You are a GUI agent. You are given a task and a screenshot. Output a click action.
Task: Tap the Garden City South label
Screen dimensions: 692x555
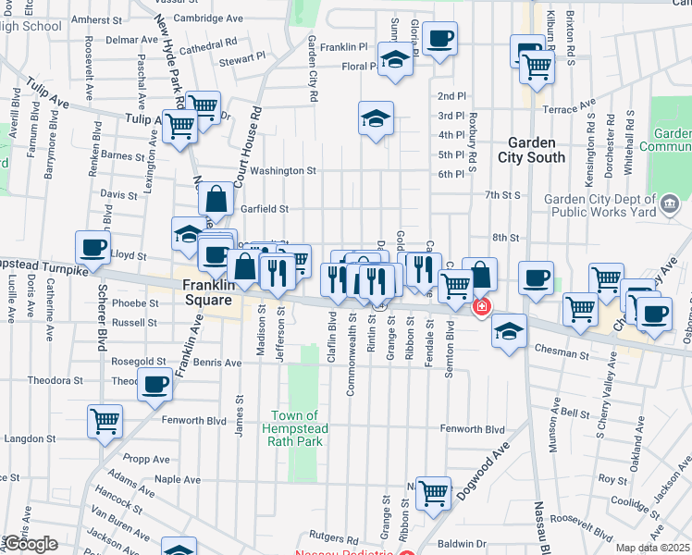pyautogui.click(x=531, y=150)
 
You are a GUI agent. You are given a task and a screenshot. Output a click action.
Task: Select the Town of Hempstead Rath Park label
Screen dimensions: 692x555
pyautogui.click(x=295, y=428)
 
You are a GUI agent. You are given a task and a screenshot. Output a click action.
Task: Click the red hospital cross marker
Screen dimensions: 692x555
pyautogui.click(x=481, y=307)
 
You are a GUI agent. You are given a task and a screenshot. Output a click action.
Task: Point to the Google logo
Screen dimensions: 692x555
pyautogui.click(x=31, y=544)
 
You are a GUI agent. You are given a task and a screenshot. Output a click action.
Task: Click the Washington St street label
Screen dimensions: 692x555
pyautogui.click(x=283, y=170)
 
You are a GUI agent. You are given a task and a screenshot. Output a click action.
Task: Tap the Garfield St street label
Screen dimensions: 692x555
pyautogui.click(x=266, y=209)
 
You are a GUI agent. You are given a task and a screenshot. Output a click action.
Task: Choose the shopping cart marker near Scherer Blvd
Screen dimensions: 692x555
pyautogui.click(x=105, y=420)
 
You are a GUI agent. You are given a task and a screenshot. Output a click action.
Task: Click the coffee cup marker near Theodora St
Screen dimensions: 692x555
pyautogui.click(x=155, y=382)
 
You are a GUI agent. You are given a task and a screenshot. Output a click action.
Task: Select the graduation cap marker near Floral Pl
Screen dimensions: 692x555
pyautogui.click(x=395, y=60)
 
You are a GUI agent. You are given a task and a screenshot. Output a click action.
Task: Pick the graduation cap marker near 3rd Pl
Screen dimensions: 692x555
pyautogui.click(x=376, y=117)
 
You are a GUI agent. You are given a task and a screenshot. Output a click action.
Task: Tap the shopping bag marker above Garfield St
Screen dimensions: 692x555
pyautogui.click(x=216, y=197)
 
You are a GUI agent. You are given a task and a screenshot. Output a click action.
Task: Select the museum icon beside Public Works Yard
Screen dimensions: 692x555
pyautogui.click(x=670, y=203)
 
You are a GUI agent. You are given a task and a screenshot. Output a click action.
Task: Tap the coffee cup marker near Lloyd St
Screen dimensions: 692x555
pyautogui.click(x=93, y=247)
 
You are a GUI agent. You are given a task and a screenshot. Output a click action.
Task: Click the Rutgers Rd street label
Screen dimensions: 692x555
pyautogui.click(x=334, y=537)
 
